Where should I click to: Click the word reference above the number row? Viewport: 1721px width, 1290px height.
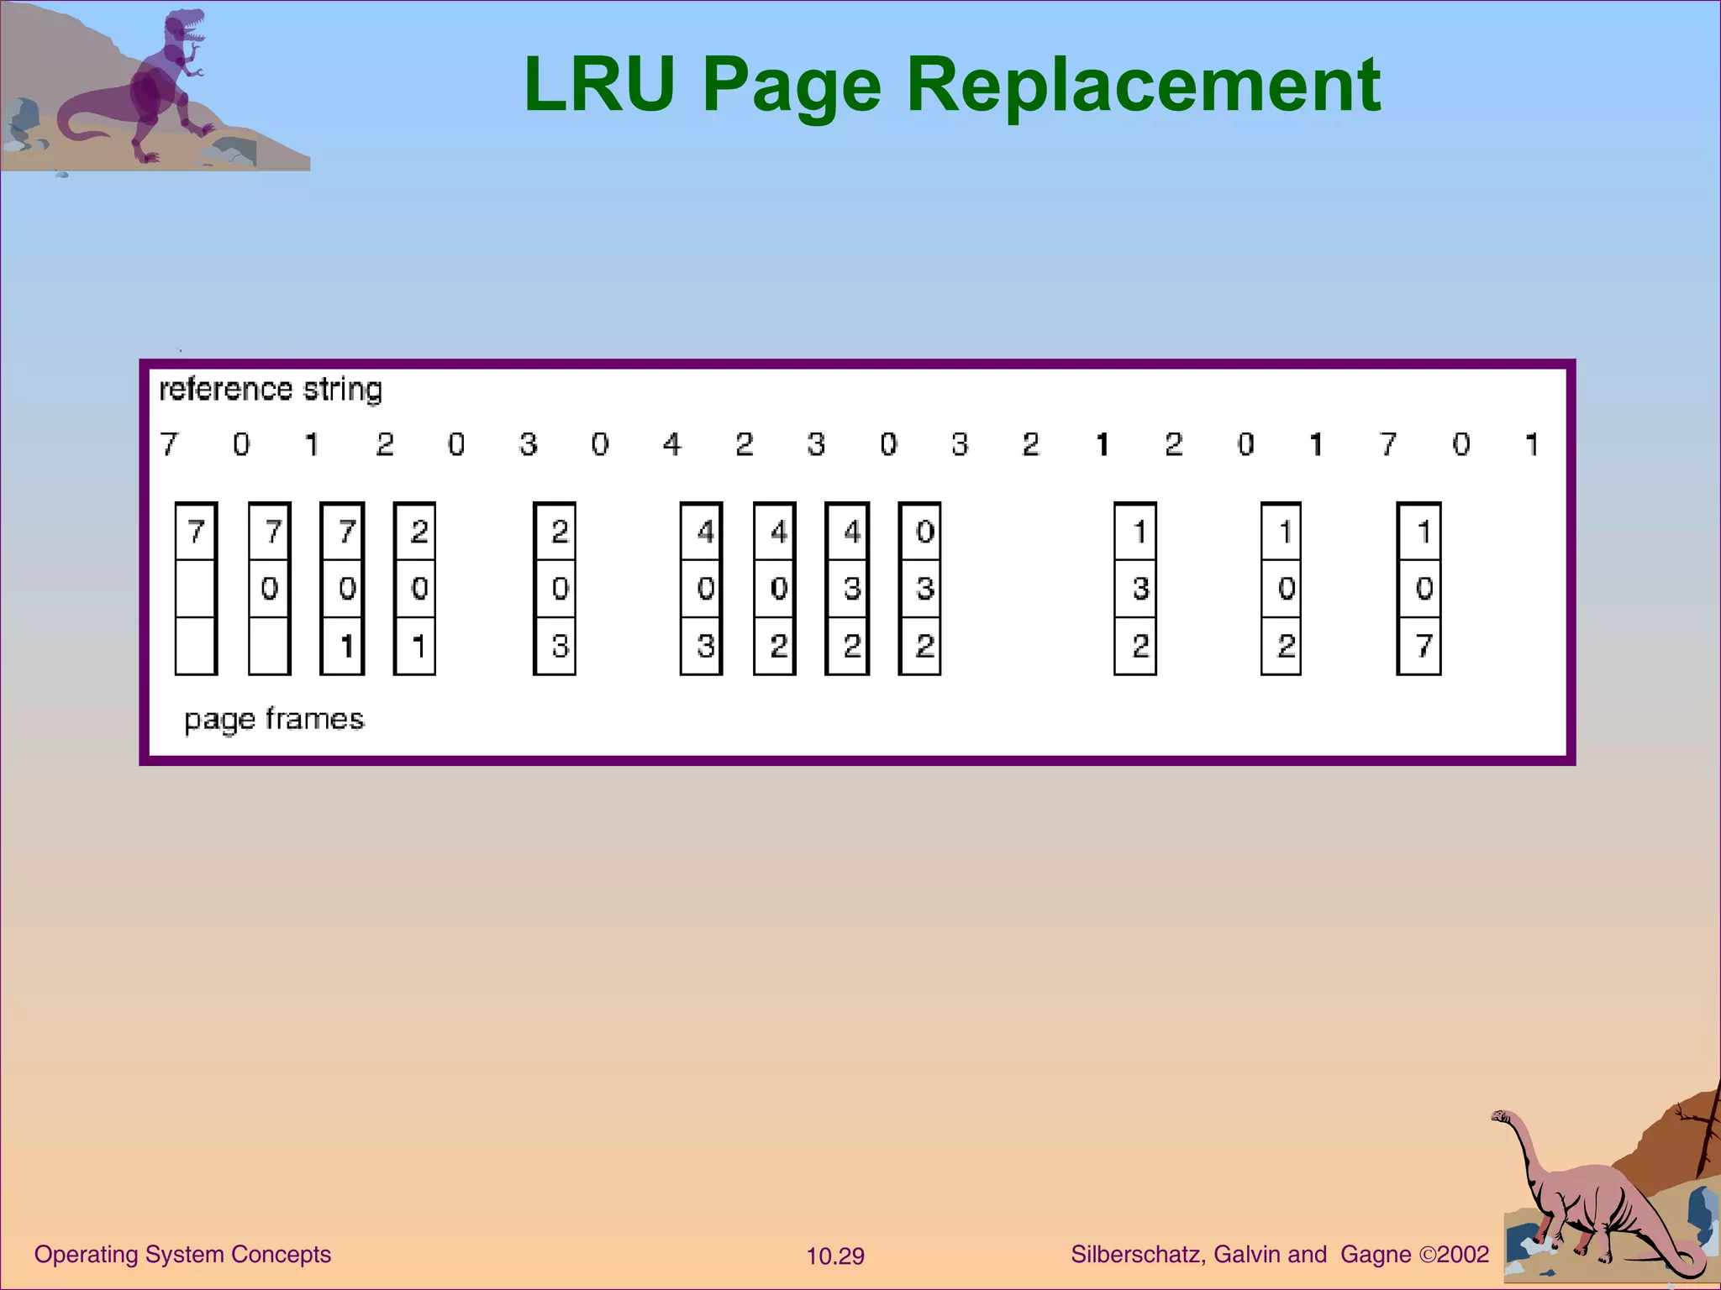point(225,390)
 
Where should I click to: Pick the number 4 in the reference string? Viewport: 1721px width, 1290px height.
point(671,443)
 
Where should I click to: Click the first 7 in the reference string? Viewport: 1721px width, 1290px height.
point(169,443)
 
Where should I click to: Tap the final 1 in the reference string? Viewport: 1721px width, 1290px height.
point(1532,443)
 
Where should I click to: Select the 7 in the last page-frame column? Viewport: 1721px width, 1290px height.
point(1423,646)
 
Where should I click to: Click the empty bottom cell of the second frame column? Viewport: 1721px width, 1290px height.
point(269,646)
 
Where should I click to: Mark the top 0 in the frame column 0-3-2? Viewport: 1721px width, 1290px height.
point(924,532)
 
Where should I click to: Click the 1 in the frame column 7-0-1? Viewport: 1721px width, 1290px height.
point(345,646)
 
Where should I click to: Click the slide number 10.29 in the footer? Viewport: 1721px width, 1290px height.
point(835,1256)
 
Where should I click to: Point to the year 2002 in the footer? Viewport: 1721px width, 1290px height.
point(1463,1255)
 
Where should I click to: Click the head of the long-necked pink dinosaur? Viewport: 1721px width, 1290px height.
point(1501,1117)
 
